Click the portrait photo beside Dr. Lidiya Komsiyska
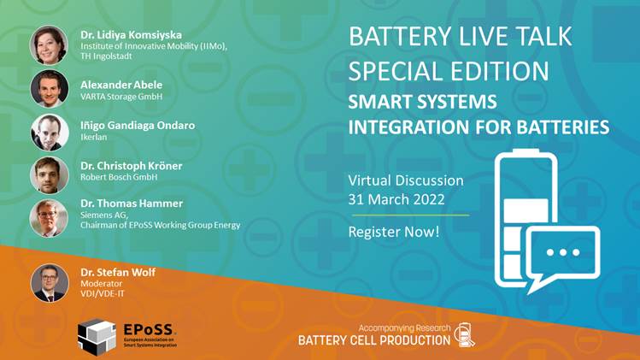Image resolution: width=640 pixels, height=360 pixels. [x=49, y=45]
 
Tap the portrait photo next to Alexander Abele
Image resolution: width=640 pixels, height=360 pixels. [x=50, y=89]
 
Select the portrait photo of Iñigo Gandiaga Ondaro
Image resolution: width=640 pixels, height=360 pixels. [x=50, y=133]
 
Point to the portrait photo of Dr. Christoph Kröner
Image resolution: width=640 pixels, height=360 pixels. [x=50, y=175]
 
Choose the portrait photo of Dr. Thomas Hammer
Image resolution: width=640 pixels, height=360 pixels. [x=49, y=218]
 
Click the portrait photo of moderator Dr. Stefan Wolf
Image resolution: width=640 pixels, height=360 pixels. [x=50, y=283]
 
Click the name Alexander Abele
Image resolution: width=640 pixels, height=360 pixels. [x=121, y=85]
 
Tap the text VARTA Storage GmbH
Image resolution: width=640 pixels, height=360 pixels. [x=121, y=97]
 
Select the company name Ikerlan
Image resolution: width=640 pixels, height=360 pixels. [x=93, y=137]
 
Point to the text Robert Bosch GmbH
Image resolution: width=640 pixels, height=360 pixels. [x=119, y=177]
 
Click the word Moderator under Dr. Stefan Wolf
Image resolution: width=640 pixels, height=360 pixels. [x=101, y=283]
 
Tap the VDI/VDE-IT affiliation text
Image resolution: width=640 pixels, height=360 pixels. [x=103, y=293]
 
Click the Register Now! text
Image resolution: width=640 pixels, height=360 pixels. [x=394, y=232]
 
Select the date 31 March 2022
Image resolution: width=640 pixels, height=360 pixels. [x=396, y=199]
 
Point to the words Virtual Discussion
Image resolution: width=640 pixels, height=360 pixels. [x=406, y=180]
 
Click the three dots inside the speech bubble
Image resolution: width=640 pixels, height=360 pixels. [x=563, y=252]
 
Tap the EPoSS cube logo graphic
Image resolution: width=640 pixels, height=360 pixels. [x=97, y=337]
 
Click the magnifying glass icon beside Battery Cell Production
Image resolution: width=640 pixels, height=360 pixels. [x=465, y=335]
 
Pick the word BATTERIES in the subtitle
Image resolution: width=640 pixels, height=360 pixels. [x=563, y=127]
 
